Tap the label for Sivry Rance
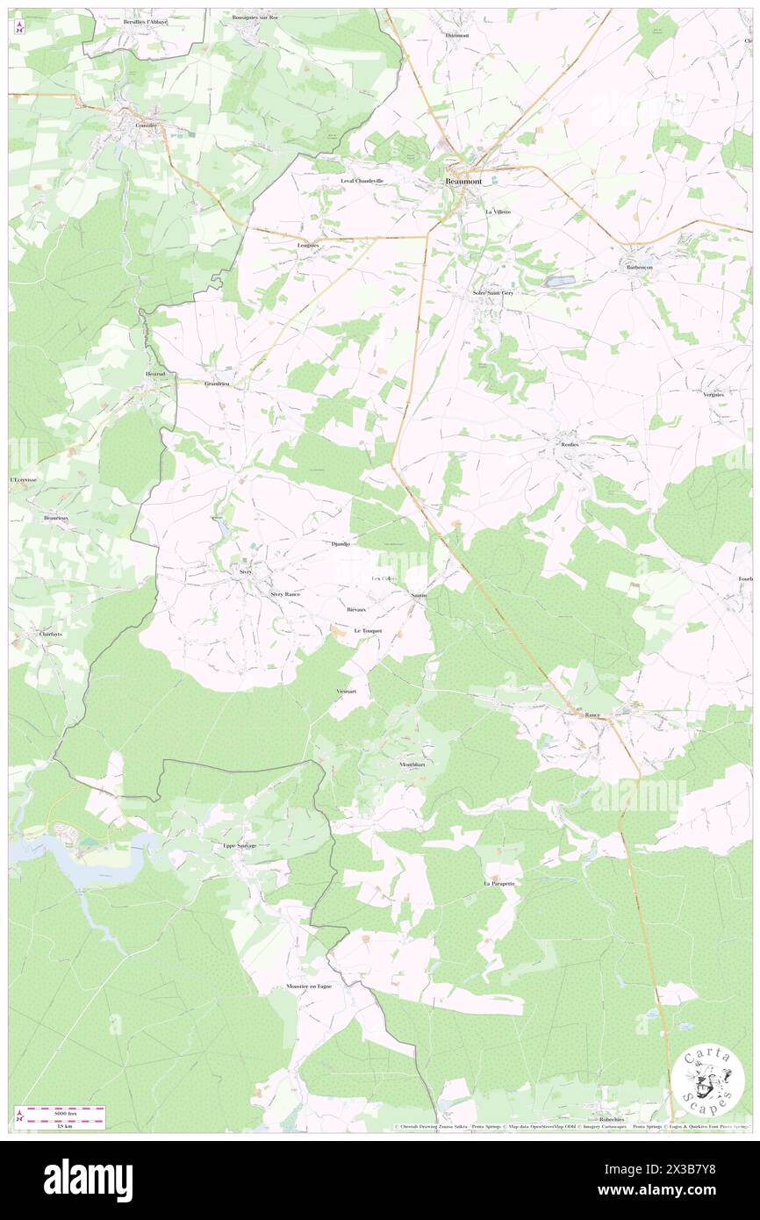click(285, 594)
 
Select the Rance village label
click(593, 715)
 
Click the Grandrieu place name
click(217, 384)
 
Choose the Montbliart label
click(412, 764)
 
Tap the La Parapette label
click(498, 883)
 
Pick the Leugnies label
click(309, 245)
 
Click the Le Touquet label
click(369, 630)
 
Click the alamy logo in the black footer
click(88, 1179)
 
